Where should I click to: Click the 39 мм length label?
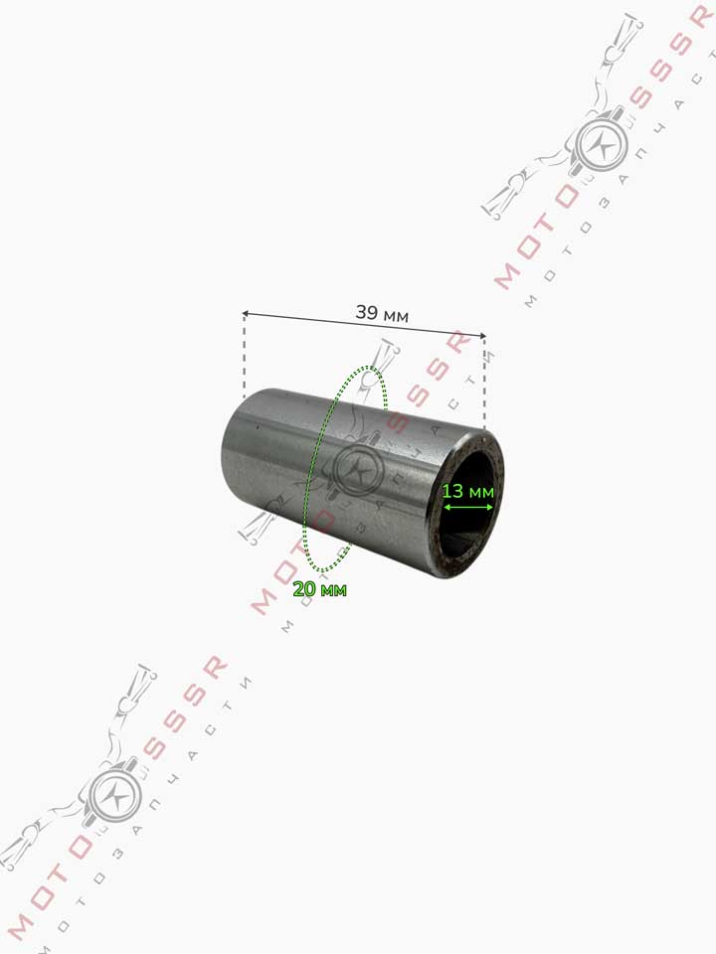click(382, 314)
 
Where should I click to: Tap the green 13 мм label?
click(467, 490)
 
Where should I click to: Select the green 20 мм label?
click(319, 589)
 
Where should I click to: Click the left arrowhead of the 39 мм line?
click(246, 314)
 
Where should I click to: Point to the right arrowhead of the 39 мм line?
click(483, 335)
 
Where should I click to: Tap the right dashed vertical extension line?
click(484, 384)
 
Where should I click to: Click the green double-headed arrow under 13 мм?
click(467, 507)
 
